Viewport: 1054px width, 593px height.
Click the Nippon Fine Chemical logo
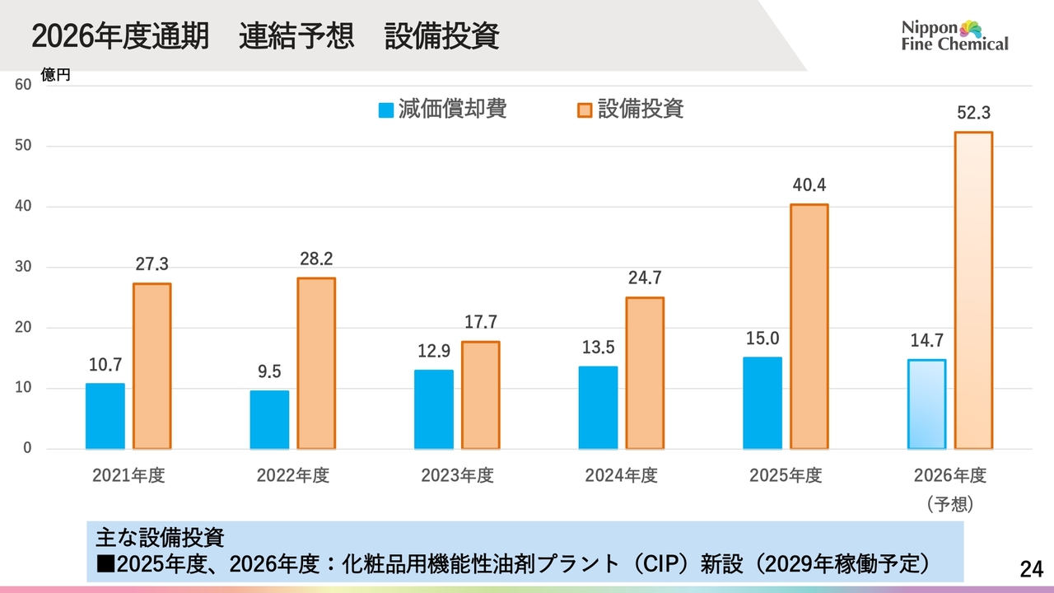(954, 35)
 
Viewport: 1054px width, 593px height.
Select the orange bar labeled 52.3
(973, 291)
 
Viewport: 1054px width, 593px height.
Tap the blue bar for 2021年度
(105, 416)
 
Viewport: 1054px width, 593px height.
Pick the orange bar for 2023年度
(480, 395)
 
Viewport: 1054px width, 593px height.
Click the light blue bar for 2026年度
(926, 404)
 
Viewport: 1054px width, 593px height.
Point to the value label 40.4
(809, 185)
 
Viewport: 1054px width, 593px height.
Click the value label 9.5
(269, 371)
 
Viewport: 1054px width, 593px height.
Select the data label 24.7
(645, 278)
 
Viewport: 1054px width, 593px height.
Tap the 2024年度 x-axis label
(621, 475)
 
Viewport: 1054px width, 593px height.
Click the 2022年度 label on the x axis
(292, 475)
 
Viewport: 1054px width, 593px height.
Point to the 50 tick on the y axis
(23, 146)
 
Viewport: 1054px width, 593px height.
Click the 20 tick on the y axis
(23, 327)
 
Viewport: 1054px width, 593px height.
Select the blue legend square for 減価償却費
(386, 110)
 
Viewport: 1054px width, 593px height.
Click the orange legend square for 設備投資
(585, 110)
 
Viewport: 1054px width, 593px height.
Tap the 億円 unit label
(55, 74)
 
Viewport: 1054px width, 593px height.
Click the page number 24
(1031, 569)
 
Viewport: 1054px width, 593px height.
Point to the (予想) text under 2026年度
(949, 504)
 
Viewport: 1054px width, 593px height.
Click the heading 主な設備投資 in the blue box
(160, 538)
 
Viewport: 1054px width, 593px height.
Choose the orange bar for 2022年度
(316, 363)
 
